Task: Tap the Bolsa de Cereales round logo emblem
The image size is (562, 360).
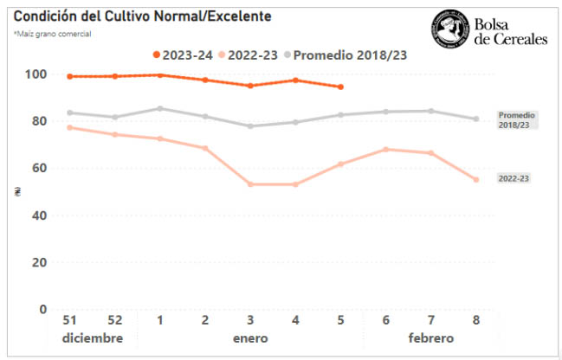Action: coord(448,28)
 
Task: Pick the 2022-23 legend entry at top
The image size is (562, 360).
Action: coord(247,55)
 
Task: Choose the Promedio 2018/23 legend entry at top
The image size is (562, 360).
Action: coord(345,55)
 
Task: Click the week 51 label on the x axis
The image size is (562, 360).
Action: coord(69,319)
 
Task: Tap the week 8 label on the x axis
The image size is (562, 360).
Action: coord(475,319)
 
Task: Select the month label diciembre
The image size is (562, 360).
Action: coord(92,337)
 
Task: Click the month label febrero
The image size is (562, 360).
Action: coord(430,337)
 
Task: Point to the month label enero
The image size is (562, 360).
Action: coord(250,337)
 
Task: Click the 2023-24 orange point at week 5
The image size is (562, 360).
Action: coord(340,87)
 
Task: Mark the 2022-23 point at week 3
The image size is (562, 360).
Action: coord(250,184)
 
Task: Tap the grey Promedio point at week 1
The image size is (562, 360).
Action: coord(160,108)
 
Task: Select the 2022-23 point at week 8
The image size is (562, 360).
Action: coord(475,180)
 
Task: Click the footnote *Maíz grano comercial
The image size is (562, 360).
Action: coord(53,34)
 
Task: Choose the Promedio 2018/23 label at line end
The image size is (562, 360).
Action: coord(517,120)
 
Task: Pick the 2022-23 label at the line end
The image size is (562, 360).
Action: coord(514,178)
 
